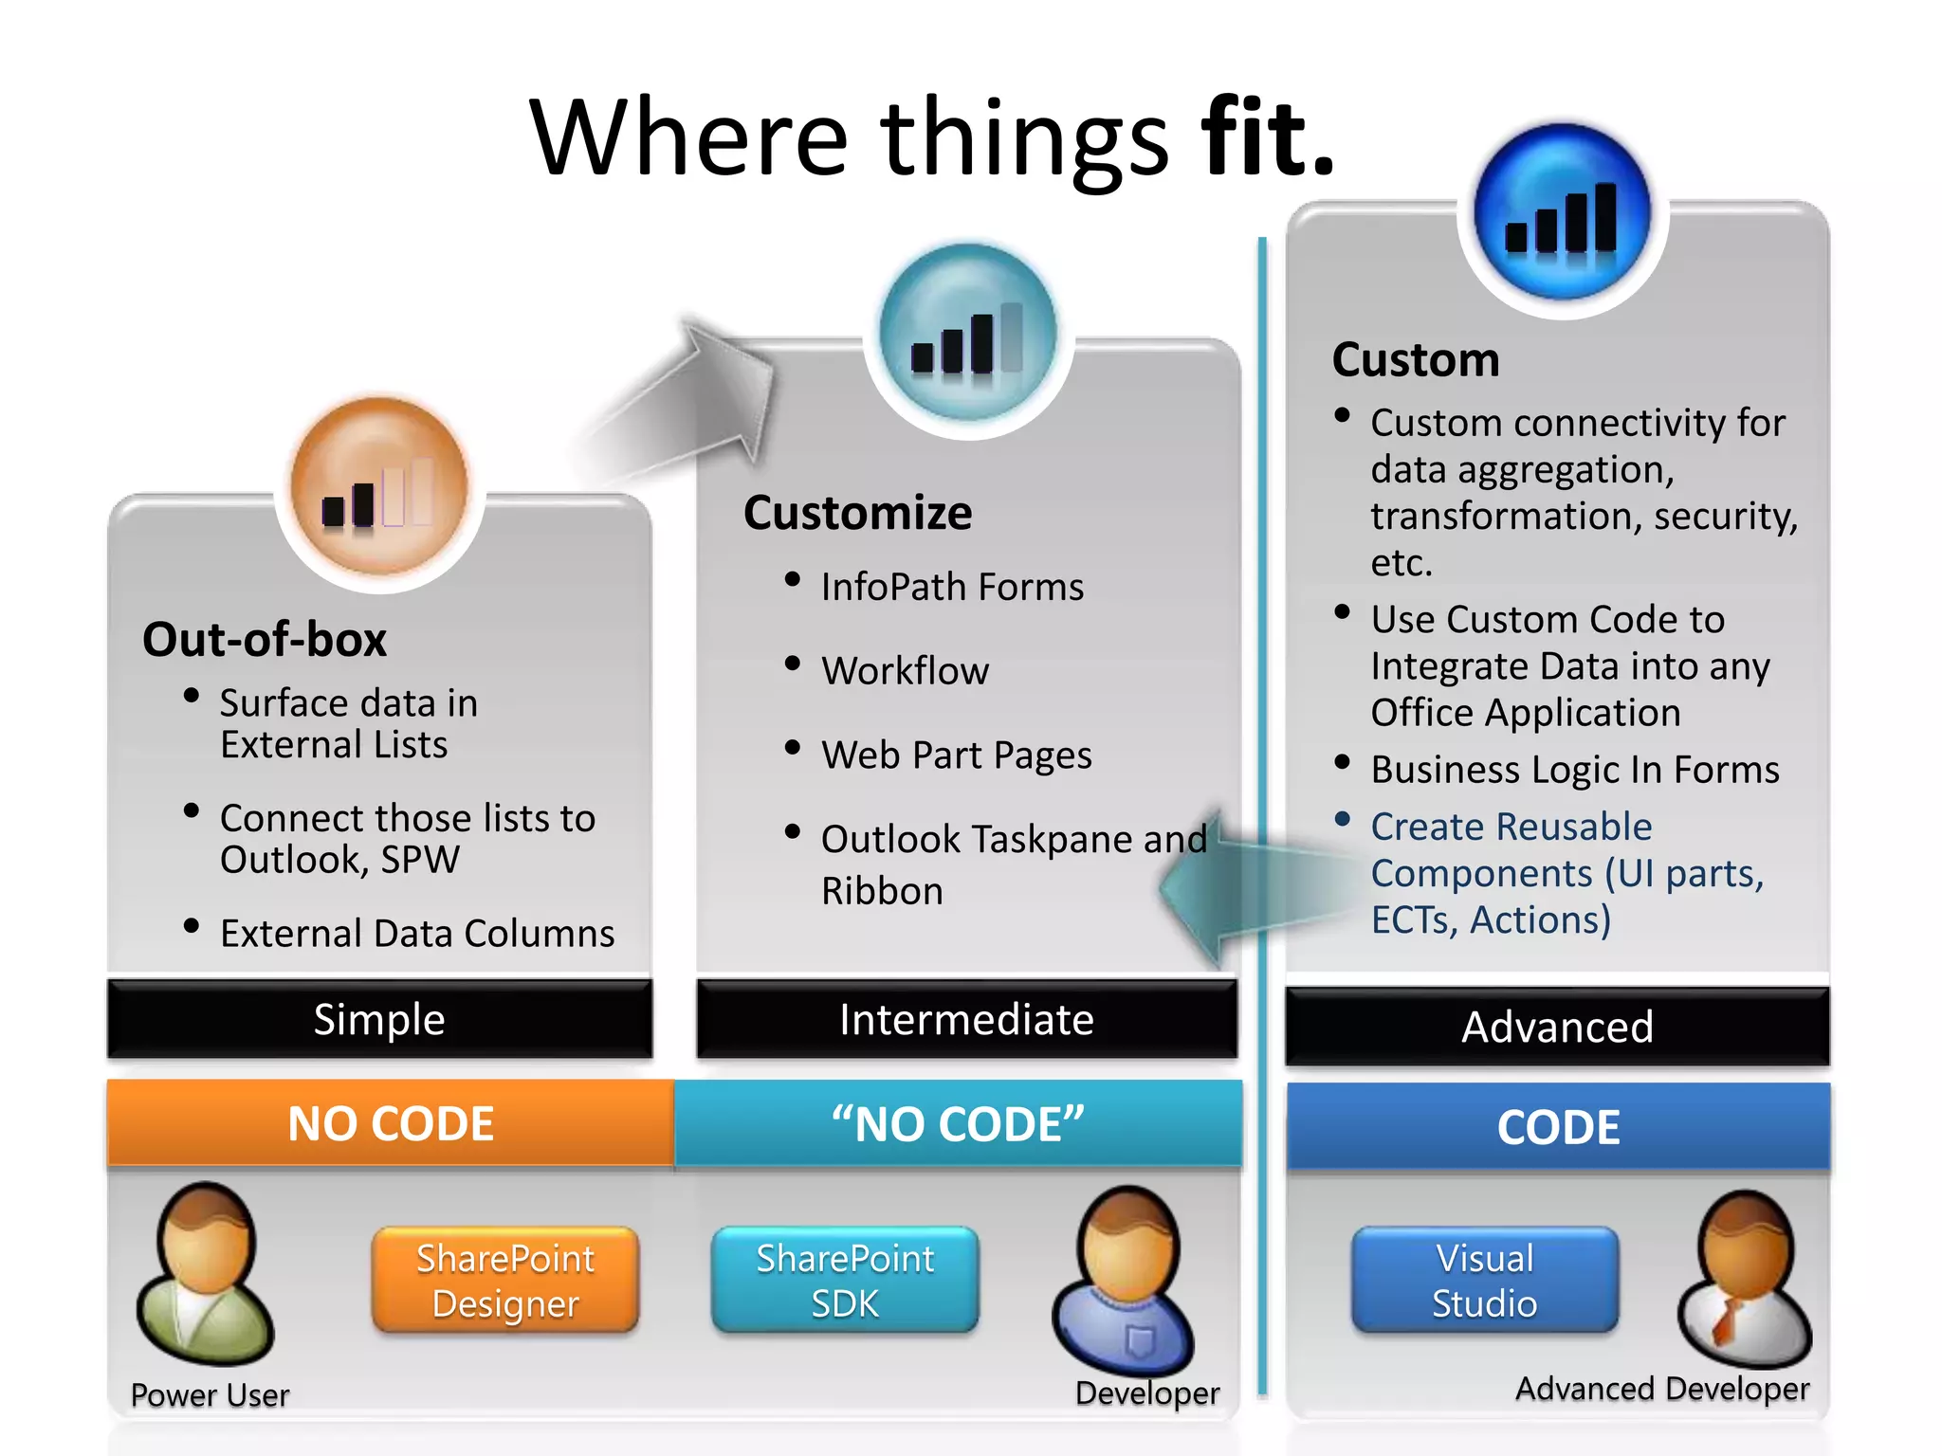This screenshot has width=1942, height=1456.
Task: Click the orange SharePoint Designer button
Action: pos(505,1281)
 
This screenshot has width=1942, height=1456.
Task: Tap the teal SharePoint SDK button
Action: pos(845,1281)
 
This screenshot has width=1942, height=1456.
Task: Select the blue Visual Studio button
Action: pos(1485,1281)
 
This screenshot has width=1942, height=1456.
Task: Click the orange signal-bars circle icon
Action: pos(379,488)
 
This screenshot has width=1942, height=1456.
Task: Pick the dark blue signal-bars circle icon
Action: pos(1562,212)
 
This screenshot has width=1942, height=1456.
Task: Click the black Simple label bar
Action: pos(379,1020)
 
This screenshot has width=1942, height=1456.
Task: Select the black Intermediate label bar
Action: pos(966,1020)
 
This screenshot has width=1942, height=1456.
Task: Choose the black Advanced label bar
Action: pos(1557,1027)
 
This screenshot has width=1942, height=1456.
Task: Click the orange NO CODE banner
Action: pos(391,1123)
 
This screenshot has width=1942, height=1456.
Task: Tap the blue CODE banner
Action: pos(1558,1127)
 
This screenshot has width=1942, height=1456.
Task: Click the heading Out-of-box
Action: pos(265,639)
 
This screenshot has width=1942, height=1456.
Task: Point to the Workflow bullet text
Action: pos(905,671)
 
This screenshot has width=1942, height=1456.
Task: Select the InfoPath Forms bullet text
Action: pos(952,587)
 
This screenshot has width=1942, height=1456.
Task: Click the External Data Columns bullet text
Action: pos(417,934)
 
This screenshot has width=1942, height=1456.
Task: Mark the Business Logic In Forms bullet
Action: pos(1574,770)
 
